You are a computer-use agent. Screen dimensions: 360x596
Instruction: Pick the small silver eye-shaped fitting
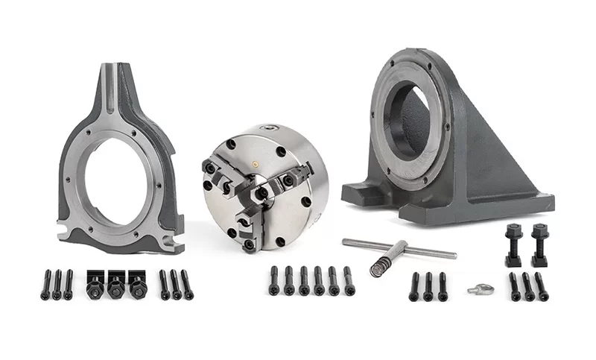[x=478, y=288]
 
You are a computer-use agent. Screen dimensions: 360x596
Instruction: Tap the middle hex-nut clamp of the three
[x=115, y=283]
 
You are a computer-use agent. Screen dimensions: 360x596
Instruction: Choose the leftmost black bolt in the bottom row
[x=45, y=285]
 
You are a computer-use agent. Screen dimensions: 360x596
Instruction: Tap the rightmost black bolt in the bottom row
[x=542, y=287]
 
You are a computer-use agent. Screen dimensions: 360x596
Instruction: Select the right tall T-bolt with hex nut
[x=540, y=244]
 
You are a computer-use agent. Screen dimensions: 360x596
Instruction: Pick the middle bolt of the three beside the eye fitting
[x=428, y=287]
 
